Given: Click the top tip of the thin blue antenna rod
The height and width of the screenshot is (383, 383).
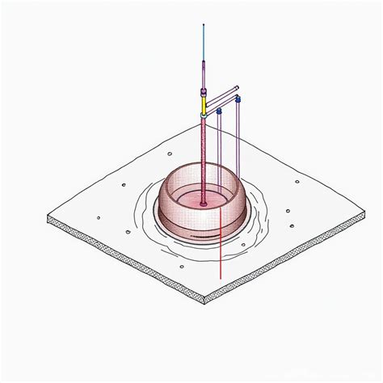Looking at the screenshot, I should pyautogui.click(x=204, y=24).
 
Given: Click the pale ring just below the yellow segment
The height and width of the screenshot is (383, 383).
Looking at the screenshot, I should pyautogui.click(x=204, y=116).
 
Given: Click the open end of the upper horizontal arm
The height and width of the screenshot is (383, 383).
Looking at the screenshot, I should pyautogui.click(x=237, y=87).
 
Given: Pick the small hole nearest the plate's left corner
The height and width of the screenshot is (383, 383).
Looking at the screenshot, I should pyautogui.click(x=98, y=217).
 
